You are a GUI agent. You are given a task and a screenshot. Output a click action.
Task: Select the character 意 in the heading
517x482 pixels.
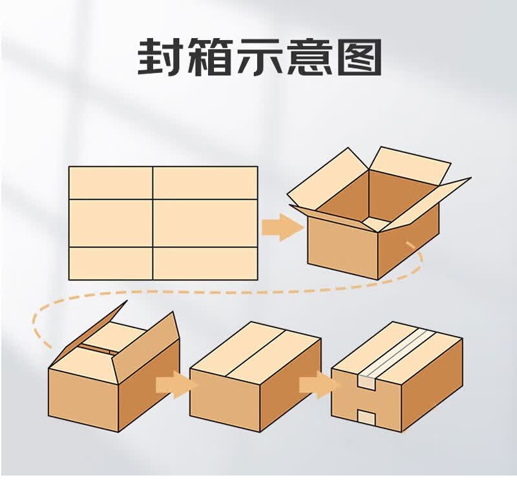(309, 57)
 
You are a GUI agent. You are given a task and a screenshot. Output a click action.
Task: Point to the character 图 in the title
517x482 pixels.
(359, 57)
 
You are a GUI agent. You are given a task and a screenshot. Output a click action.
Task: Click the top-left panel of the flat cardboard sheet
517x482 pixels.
(111, 183)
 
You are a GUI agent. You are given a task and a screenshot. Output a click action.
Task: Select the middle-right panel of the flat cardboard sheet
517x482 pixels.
(205, 223)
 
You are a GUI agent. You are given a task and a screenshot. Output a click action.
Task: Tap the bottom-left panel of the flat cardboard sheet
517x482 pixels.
(111, 264)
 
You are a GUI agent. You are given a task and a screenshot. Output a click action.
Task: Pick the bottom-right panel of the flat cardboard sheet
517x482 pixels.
(205, 264)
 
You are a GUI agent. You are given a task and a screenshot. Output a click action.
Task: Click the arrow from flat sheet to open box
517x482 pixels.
(282, 227)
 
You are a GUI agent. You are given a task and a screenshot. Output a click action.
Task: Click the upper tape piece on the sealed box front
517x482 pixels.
(366, 382)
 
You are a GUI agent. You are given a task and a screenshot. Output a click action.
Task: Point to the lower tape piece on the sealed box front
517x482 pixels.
(366, 417)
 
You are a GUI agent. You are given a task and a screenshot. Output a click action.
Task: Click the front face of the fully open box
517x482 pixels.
(343, 247)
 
